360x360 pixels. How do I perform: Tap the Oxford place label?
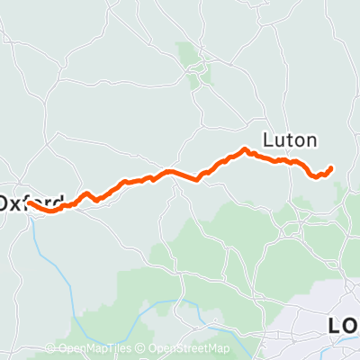[x=31, y=202]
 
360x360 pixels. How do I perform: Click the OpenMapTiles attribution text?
[x=90, y=349]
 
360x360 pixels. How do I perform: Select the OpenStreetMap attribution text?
[x=188, y=349]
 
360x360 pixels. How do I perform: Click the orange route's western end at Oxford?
[x=30, y=203]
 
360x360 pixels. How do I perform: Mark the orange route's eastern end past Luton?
[x=331, y=167]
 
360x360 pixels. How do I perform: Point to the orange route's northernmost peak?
[x=245, y=149]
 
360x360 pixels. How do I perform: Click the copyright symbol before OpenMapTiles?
[x=50, y=349]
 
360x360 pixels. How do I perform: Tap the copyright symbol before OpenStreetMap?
[x=143, y=349]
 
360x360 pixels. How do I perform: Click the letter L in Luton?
[x=268, y=140]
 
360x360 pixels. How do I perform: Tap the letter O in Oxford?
[x=5, y=202]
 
